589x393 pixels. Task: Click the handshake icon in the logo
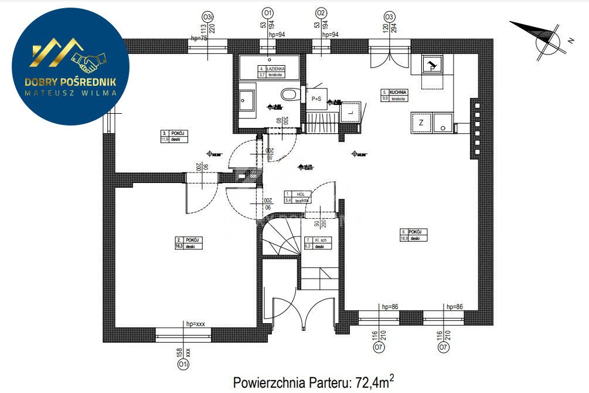coord(88,59)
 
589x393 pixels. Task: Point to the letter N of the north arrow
coord(569,41)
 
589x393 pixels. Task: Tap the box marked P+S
coord(317,99)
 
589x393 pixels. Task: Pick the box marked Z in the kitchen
coord(421,122)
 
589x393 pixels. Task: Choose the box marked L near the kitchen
coord(350,110)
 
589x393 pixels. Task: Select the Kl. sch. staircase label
coord(319,240)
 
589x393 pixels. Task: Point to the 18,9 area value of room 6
coord(404,239)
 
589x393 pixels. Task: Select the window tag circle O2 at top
coord(321,12)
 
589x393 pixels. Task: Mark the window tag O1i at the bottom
coord(183,365)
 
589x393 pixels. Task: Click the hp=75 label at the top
coord(199,38)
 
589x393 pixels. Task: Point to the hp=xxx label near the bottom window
coord(195,324)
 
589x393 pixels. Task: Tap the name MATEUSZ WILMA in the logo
coord(70,92)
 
